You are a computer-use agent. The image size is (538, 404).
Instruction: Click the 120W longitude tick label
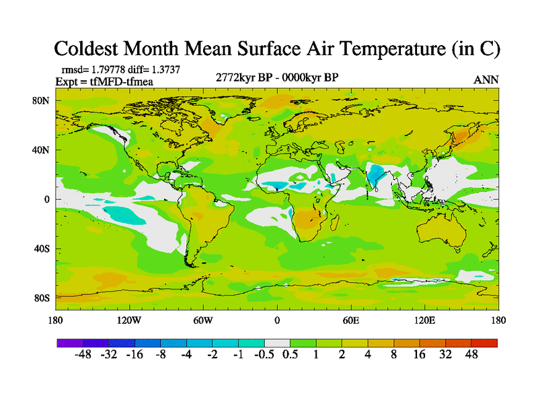click(x=128, y=321)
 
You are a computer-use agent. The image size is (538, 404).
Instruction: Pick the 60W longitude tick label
click(x=202, y=321)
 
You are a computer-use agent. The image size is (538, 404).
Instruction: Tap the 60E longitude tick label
click(x=350, y=321)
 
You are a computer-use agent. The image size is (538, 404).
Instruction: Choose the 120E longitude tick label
click(x=424, y=321)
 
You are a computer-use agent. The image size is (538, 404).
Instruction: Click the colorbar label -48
click(x=83, y=355)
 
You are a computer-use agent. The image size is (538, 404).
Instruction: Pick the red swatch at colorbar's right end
click(x=484, y=343)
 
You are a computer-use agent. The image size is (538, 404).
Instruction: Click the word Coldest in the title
click(x=92, y=48)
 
